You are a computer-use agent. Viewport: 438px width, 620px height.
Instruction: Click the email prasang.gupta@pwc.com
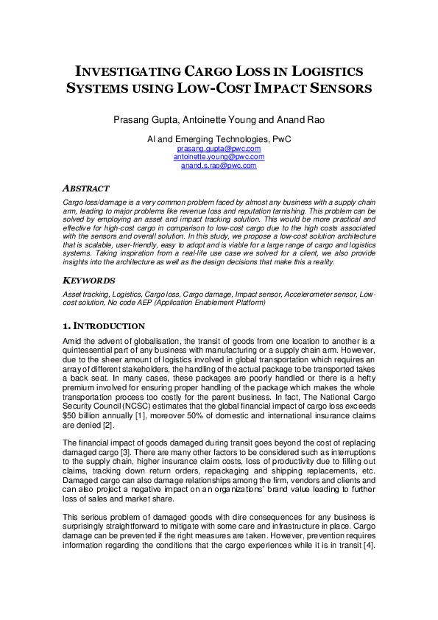[x=219, y=149]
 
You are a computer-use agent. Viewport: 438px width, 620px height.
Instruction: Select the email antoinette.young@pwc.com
[x=219, y=157]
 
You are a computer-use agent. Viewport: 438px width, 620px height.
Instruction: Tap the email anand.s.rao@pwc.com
[x=219, y=166]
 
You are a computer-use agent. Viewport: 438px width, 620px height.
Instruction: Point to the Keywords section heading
[x=88, y=281]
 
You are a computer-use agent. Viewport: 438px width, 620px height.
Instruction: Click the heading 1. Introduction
[x=103, y=326]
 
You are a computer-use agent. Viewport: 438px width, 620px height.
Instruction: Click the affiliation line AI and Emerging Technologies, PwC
[x=219, y=138]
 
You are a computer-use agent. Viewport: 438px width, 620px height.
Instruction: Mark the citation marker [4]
[x=367, y=547]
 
